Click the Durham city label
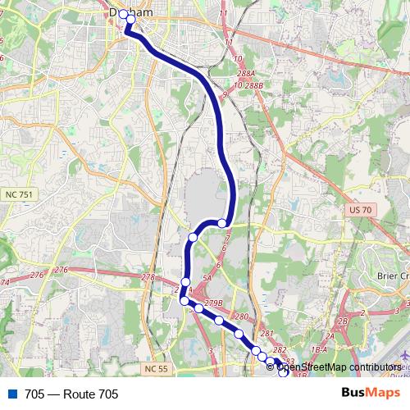[x=130, y=13]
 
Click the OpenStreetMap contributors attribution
[x=336, y=368]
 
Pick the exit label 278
[x=148, y=277]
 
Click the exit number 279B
[x=214, y=304]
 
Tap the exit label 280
[x=241, y=317]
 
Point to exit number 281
[x=266, y=334]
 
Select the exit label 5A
[x=207, y=279]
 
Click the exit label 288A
[x=244, y=73]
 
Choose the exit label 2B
[x=343, y=321]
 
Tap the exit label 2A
[x=330, y=336]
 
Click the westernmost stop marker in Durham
[x=123, y=14]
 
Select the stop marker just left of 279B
[x=198, y=308]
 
